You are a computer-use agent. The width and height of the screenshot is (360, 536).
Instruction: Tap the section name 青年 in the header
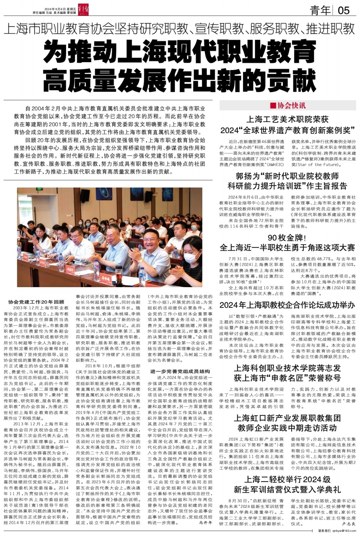pyautogui.click(x=320, y=10)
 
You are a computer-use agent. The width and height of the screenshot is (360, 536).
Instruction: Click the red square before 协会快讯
pyautogui.click(x=272, y=105)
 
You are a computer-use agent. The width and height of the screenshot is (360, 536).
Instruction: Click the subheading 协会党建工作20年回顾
pyautogui.click(x=36, y=302)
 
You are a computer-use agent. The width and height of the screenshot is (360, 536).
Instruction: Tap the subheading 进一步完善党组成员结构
pyautogui.click(x=180, y=371)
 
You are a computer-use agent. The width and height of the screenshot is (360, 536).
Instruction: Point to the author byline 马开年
pyautogui.click(x=205, y=523)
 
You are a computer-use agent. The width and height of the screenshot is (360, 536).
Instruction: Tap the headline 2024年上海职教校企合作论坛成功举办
pyautogui.click(x=287, y=305)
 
